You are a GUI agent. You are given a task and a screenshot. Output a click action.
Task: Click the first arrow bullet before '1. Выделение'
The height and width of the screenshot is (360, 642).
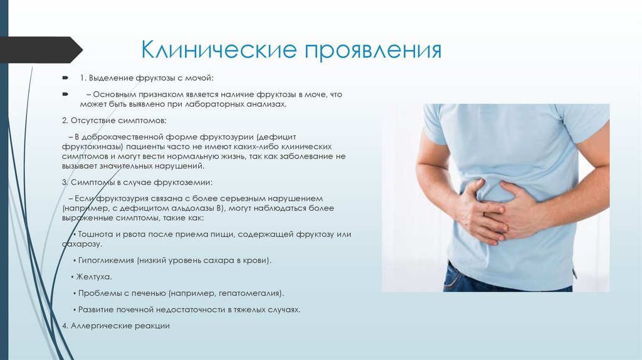pos(65,78)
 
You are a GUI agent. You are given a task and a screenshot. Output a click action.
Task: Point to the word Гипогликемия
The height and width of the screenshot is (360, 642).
pos(105,260)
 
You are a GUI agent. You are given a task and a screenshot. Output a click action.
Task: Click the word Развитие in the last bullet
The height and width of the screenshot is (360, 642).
pos(95,310)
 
